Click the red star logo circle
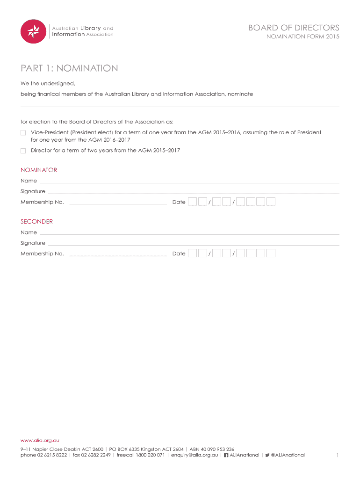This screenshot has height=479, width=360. click(33, 31)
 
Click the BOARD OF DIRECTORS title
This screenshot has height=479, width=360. click(294, 28)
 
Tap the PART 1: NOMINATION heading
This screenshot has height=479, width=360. click(69, 69)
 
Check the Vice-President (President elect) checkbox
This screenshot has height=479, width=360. click(23, 133)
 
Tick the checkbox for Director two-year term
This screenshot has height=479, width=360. click(23, 151)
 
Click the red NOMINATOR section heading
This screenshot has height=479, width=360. click(39, 170)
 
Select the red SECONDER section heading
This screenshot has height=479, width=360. click(36, 222)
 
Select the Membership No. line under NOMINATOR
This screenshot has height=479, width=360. click(117, 203)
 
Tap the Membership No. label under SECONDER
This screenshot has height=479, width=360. click(42, 254)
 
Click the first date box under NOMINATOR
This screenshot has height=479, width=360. click(192, 202)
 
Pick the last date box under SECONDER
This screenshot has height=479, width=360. click(271, 254)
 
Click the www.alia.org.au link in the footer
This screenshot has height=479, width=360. click(40, 441)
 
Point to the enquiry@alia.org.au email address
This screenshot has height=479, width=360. click(194, 455)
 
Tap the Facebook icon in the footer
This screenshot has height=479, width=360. click(226, 455)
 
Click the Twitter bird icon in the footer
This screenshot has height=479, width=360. click(267, 455)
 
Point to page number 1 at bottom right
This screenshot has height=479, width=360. click(337, 455)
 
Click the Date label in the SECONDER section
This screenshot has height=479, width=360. click(179, 254)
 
